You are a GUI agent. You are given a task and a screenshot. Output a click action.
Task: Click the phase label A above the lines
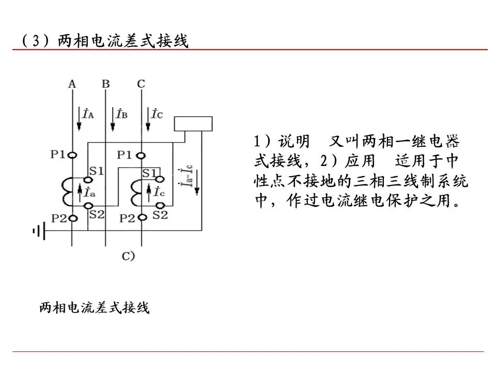[x=72, y=84]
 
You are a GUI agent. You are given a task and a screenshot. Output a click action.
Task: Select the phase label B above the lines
[x=105, y=84]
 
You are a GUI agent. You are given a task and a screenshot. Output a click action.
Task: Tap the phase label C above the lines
[x=141, y=84]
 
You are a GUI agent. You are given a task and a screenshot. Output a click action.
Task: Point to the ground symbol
[x=39, y=231]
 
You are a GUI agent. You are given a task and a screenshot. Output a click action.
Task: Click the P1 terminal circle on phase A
[x=72, y=156]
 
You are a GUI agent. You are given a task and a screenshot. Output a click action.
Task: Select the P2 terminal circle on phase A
[x=73, y=218]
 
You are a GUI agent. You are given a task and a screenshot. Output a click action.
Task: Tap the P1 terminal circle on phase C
[x=141, y=156]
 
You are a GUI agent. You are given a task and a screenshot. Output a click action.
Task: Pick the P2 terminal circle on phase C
[x=143, y=218]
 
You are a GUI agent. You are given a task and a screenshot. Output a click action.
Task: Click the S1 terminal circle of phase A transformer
[x=88, y=180]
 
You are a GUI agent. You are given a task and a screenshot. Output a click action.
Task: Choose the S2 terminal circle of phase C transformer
[x=160, y=206]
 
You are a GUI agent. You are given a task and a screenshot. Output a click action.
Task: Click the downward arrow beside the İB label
[x=113, y=119]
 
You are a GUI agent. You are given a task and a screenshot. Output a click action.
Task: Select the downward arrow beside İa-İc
[x=197, y=183]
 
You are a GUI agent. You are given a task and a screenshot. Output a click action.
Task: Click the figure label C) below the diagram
[x=129, y=256]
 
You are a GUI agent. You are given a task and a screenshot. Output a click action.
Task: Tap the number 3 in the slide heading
[x=36, y=40]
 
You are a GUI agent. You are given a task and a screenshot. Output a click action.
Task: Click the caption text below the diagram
[x=94, y=307]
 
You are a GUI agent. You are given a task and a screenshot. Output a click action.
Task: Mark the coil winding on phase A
[x=68, y=192]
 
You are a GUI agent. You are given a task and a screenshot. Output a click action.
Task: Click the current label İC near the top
[x=157, y=114]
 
